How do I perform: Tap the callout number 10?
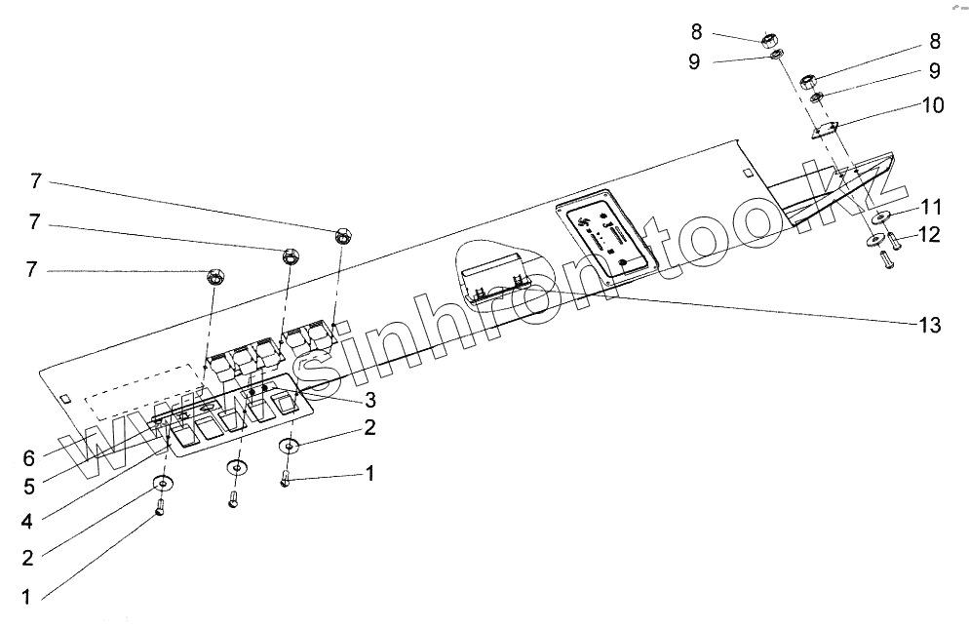click(x=932, y=105)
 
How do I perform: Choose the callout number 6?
click(x=28, y=457)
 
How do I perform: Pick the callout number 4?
click(x=28, y=522)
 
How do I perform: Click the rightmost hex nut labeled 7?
click(x=342, y=235)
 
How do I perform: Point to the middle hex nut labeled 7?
click(x=290, y=257)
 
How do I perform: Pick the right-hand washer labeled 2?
click(x=290, y=447)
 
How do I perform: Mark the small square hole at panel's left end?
click(x=64, y=399)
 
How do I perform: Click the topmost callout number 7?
click(x=35, y=180)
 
